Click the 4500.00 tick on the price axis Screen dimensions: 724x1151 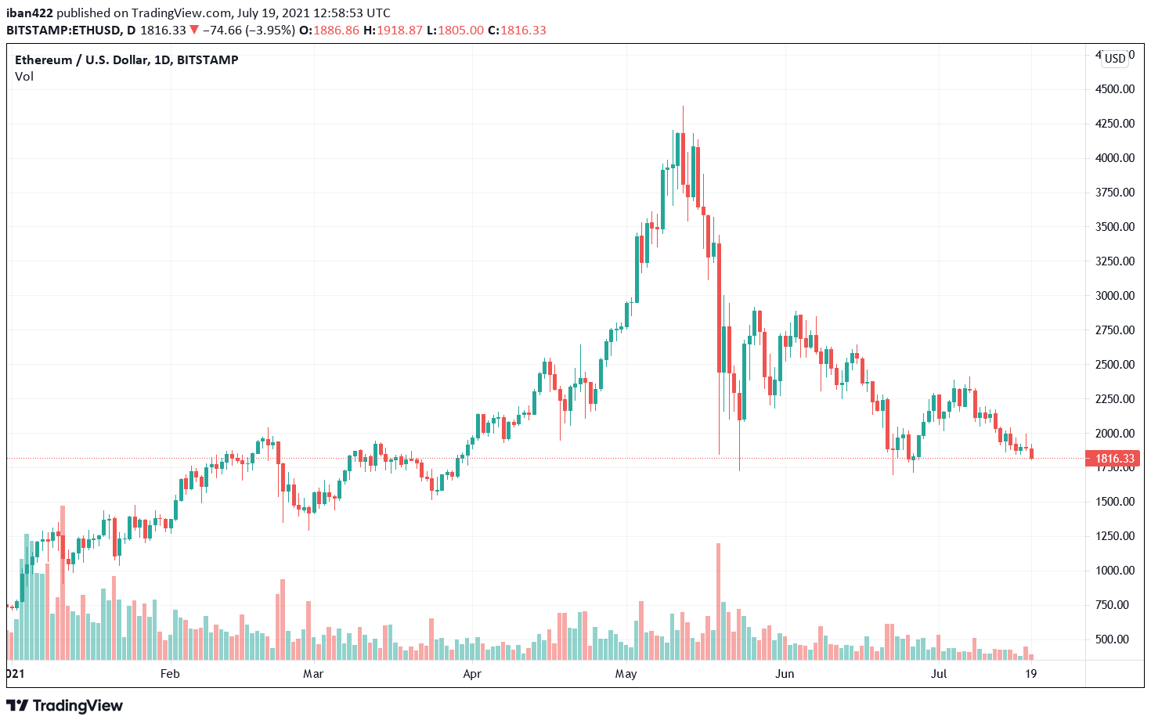point(1114,89)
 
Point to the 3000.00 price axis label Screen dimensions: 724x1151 point(1114,296)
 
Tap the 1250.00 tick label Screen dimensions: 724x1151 point(1114,536)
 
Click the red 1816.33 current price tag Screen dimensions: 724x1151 point(1113,459)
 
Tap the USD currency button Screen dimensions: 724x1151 point(1115,59)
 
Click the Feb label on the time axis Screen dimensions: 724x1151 point(170,674)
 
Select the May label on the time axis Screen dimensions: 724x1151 point(626,674)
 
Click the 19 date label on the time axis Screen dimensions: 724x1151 point(1031,674)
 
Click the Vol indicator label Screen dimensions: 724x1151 point(24,77)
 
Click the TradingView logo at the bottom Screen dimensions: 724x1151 point(65,706)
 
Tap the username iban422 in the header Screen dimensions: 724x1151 point(29,13)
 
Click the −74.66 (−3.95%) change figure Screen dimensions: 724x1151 point(248,31)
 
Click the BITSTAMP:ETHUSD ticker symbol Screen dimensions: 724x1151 point(63,31)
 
